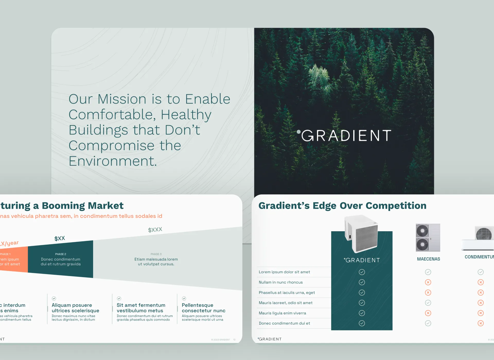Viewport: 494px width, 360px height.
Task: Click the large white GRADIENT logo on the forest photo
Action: tap(346, 135)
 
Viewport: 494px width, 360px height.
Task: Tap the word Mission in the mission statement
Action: tap(122, 99)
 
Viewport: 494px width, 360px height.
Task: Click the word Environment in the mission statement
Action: tap(112, 161)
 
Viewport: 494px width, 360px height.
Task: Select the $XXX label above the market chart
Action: tap(155, 230)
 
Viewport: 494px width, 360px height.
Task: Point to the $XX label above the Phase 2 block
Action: tap(60, 238)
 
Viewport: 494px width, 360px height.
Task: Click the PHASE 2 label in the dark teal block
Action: tap(60, 254)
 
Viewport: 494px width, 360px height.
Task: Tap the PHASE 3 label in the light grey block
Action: tap(156, 254)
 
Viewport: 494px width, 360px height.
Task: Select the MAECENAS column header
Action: tap(428, 259)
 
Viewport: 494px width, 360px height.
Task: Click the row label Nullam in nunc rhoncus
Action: tap(280, 282)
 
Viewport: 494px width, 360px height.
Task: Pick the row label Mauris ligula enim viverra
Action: tap(282, 313)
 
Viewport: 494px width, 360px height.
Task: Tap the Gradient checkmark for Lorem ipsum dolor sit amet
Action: tap(362, 272)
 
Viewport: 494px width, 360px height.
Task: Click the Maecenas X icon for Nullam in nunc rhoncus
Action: tap(428, 282)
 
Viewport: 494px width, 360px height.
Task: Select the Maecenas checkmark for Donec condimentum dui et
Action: tap(428, 323)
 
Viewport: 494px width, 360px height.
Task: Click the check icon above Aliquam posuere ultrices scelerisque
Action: tap(54, 298)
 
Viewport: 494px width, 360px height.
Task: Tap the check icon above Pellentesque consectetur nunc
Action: tap(184, 298)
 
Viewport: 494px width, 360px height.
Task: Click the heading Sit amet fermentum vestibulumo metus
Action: tap(141, 308)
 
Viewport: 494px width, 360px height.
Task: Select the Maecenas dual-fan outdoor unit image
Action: tap(428, 237)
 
